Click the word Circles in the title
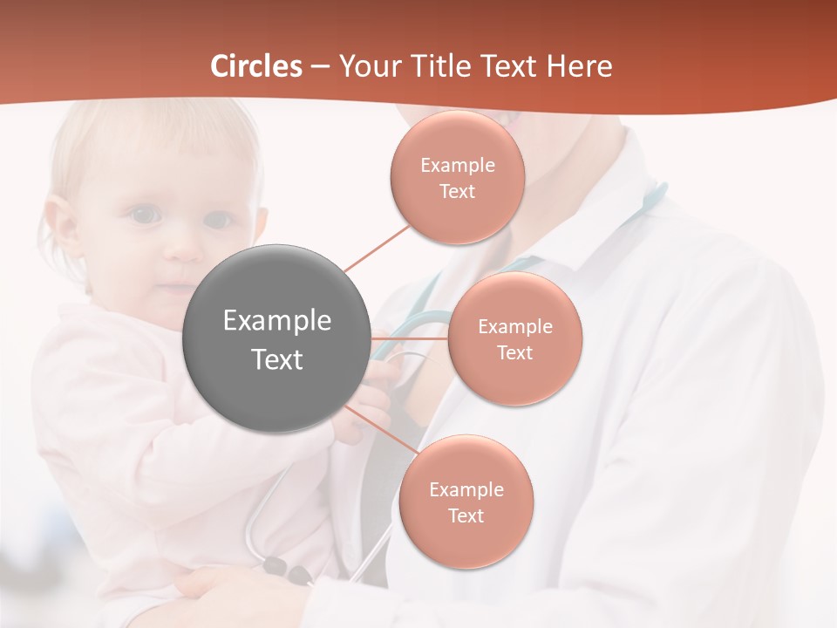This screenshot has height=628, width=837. tap(255, 66)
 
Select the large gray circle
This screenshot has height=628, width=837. tap(276, 338)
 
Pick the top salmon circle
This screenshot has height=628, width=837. tap(457, 177)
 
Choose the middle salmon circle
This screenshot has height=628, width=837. tap(514, 338)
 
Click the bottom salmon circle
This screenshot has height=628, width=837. tap(466, 502)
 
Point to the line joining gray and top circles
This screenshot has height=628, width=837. tap(377, 248)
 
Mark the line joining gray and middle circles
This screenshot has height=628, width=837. tap(409, 338)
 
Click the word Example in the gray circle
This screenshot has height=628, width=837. tap(276, 321)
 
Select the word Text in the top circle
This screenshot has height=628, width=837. tap(457, 191)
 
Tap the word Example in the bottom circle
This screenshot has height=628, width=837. tap(466, 489)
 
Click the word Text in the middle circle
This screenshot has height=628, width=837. tap(514, 352)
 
